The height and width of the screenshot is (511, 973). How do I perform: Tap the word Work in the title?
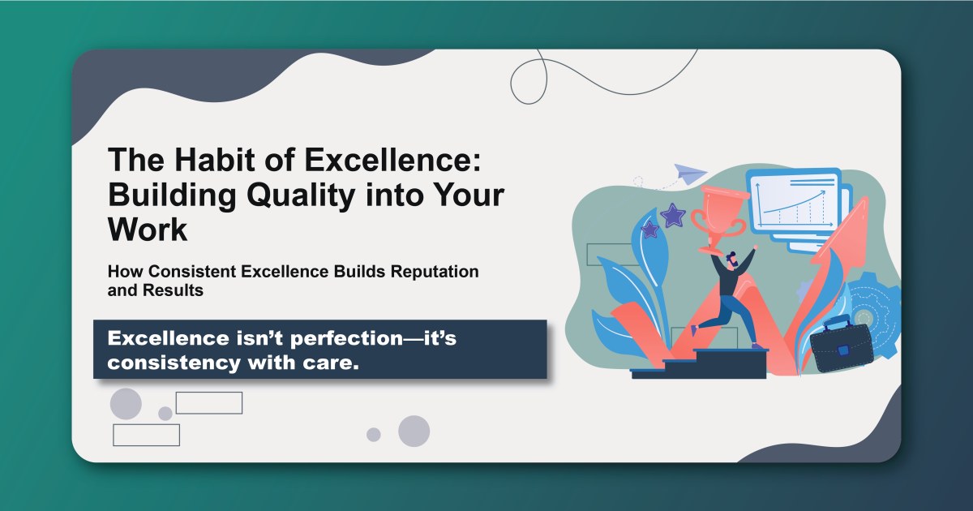pyautogui.click(x=148, y=230)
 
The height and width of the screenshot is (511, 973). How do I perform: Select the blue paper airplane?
pyautogui.click(x=688, y=174)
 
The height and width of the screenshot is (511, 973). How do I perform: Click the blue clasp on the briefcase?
pyautogui.click(x=843, y=351)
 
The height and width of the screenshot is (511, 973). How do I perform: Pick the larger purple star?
pyautogui.click(x=672, y=215)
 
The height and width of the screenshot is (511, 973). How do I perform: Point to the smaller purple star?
pyautogui.click(x=649, y=230)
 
